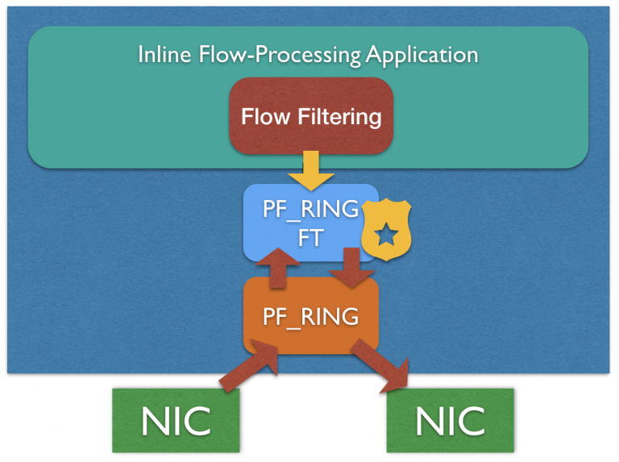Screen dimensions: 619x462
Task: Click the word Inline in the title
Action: (x=164, y=54)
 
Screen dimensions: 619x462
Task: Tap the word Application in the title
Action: (x=422, y=56)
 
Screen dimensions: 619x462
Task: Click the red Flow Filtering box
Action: (x=311, y=115)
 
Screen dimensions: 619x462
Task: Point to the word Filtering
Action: (x=339, y=117)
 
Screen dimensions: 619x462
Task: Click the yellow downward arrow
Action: (x=311, y=171)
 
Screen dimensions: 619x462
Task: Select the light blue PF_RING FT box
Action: (x=311, y=223)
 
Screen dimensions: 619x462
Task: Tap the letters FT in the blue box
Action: (x=311, y=238)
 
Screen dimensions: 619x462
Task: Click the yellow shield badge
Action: (x=386, y=230)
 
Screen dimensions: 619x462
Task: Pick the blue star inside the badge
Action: (x=386, y=233)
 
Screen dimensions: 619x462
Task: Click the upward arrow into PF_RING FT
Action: (x=278, y=268)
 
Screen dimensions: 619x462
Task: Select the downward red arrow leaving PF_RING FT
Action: (x=351, y=268)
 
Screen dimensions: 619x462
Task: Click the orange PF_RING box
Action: (x=311, y=315)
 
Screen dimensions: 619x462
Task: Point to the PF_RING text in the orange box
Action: (x=311, y=317)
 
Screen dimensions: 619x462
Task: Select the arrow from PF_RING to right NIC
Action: (x=380, y=365)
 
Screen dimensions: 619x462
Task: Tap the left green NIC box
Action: (x=176, y=421)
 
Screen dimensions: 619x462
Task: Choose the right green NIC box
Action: (x=450, y=421)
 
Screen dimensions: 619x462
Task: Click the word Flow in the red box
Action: (x=266, y=116)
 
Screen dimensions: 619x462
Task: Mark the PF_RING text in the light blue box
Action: (x=311, y=209)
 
